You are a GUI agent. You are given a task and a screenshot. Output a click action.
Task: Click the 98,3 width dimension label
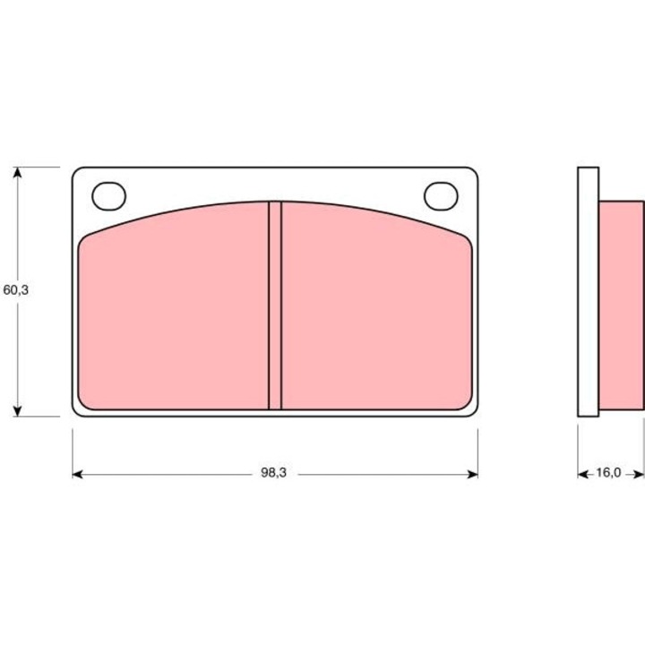click(274, 474)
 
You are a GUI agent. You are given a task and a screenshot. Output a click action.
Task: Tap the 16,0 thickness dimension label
click(608, 474)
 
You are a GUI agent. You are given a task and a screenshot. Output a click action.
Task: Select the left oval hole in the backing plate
click(109, 195)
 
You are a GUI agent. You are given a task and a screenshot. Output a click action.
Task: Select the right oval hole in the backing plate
click(440, 195)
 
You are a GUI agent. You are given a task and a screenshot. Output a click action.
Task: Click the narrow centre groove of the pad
click(275, 305)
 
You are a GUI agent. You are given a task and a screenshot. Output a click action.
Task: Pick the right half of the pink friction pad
click(376, 314)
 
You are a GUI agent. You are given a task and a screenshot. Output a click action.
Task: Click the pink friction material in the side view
click(621, 305)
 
